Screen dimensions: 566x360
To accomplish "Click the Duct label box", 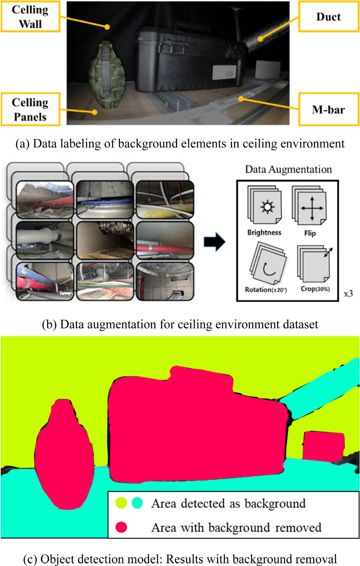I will pos(328,17).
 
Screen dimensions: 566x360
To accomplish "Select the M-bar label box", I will pos(328,110).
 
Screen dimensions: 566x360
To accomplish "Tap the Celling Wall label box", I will pos(30,17).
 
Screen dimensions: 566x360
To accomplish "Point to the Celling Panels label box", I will pos(30,110).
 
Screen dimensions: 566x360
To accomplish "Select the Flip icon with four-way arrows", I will pos(312,208).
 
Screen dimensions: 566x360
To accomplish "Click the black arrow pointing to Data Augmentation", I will pos(214,242).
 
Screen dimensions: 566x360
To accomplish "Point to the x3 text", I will pos(348,294).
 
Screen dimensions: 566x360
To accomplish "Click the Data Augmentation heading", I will pos(288,169).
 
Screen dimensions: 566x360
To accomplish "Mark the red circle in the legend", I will pos(121,527).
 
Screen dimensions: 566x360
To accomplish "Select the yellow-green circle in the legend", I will pos(121,503).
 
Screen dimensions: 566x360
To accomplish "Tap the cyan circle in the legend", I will pos(137,503).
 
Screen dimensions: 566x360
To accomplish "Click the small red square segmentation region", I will pos(323,446).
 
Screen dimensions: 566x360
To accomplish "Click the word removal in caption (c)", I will pos(316,559).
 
